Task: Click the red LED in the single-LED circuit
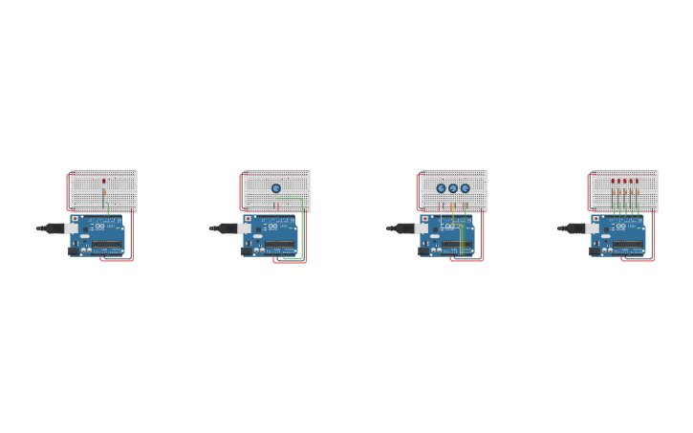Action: point(104,181)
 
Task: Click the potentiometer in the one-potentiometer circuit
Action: point(276,188)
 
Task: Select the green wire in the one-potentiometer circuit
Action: point(302,229)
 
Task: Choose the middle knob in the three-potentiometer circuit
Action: point(453,188)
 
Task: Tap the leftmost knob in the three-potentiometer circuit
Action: point(442,188)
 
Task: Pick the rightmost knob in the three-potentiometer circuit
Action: point(466,188)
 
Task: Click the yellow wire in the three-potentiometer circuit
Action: point(452,212)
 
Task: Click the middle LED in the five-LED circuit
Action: point(625,181)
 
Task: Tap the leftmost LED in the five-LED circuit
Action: point(614,181)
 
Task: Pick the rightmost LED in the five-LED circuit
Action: point(637,181)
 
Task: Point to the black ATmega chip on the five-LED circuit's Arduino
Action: point(627,246)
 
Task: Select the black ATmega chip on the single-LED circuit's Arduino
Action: point(106,246)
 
